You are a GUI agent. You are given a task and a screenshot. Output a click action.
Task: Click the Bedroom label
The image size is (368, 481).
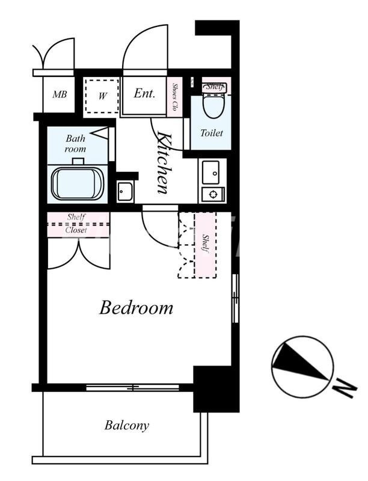click(x=136, y=308)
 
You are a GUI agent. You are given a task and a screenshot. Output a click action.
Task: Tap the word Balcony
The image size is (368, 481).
click(x=127, y=426)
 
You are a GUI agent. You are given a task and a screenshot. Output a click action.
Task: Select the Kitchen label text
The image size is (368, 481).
click(x=163, y=162)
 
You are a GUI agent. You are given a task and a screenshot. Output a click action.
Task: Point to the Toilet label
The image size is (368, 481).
click(x=211, y=133)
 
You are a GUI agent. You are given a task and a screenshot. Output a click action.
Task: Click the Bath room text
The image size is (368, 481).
click(x=75, y=144)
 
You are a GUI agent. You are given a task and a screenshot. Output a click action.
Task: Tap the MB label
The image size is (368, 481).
click(x=60, y=94)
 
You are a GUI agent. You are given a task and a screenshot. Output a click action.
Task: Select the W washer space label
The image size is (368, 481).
click(x=103, y=96)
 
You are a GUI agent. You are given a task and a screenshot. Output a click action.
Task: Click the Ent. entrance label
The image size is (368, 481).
click(x=144, y=93)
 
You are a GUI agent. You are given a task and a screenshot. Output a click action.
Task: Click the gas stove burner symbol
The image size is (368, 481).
click(x=213, y=194)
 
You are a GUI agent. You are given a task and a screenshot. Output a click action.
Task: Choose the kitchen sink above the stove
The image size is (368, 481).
click(x=210, y=173)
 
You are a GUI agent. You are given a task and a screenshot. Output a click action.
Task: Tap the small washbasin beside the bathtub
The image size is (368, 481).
click(x=125, y=192)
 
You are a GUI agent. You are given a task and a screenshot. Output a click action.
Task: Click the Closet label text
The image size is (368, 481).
click(x=76, y=230)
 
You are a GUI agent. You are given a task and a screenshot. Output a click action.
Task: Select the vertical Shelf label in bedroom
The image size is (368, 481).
click(x=205, y=244)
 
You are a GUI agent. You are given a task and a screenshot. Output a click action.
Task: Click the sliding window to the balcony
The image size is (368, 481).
click(x=132, y=388)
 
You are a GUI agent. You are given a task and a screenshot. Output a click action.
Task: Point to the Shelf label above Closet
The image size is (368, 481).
click(x=76, y=217)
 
